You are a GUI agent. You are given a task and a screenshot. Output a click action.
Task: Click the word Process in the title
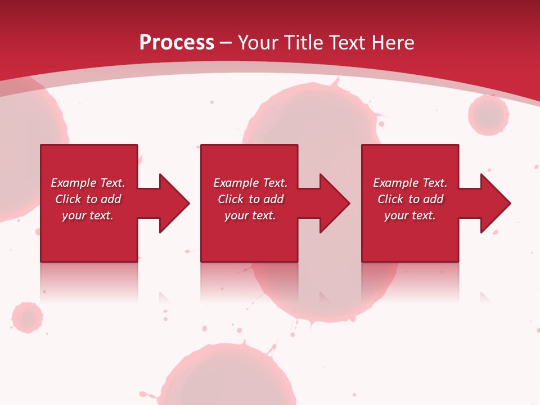[177, 43]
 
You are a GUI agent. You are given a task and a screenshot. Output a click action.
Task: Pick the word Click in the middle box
[231, 199]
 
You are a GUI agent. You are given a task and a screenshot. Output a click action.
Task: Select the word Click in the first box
[68, 199]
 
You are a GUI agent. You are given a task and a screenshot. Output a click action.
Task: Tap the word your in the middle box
[236, 215]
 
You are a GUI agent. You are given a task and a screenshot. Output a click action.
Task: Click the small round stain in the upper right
[488, 115]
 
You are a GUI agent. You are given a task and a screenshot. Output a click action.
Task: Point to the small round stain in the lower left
[27, 317]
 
